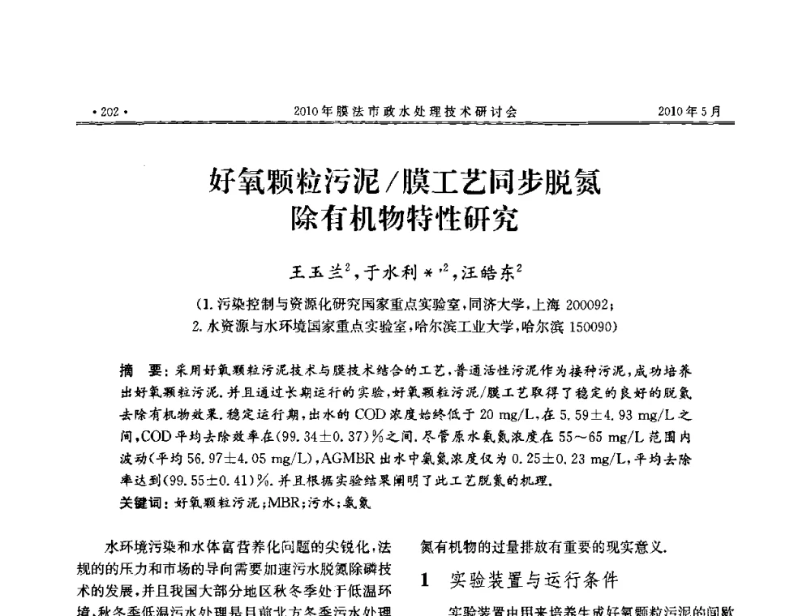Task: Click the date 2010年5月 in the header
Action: coord(690,112)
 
